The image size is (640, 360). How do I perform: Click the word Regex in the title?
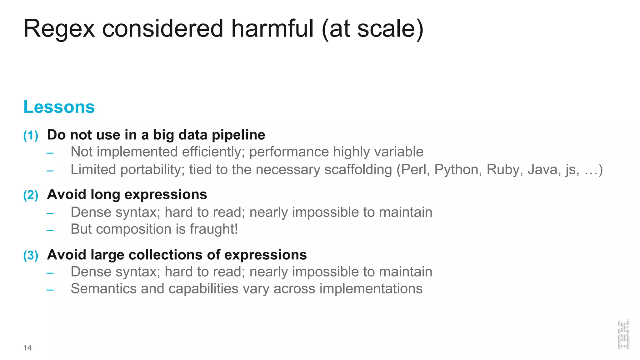59,29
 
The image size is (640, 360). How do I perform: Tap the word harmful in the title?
272,29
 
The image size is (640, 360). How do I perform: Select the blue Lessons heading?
59,107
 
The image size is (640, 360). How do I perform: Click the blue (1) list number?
31,136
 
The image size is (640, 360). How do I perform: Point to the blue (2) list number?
31,195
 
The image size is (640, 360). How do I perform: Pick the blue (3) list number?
31,255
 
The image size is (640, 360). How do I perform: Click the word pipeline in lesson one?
238,135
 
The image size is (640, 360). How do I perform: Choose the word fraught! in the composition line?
214,229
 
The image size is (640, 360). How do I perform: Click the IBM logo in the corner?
623,334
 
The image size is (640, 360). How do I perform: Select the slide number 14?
27,348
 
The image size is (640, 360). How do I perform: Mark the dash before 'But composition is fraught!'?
50,231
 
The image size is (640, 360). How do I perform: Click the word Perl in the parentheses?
415,170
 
